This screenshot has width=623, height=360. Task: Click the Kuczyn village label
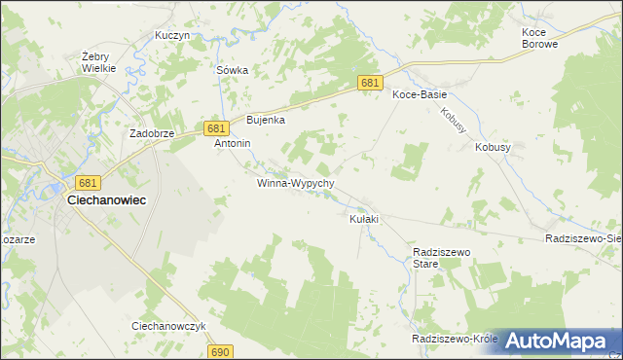click(x=172, y=35)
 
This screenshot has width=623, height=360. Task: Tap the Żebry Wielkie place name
click(x=98, y=62)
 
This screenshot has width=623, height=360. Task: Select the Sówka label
click(x=233, y=70)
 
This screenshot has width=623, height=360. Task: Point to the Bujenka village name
click(x=265, y=120)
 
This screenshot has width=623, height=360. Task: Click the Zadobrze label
click(x=151, y=134)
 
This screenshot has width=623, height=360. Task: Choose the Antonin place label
click(x=233, y=143)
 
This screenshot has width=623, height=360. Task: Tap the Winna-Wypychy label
click(x=296, y=183)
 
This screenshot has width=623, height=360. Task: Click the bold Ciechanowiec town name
click(x=106, y=199)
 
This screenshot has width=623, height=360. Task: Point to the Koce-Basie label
click(x=419, y=94)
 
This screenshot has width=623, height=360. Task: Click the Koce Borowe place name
click(x=539, y=38)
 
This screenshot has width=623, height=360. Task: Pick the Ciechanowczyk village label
click(x=168, y=326)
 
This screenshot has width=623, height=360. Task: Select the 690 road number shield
click(x=221, y=351)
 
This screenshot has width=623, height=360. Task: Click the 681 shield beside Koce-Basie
click(x=369, y=85)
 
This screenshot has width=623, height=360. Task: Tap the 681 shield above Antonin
click(x=216, y=128)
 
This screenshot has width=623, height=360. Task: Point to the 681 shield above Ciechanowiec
click(x=89, y=183)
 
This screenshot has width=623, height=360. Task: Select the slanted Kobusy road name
click(x=454, y=121)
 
